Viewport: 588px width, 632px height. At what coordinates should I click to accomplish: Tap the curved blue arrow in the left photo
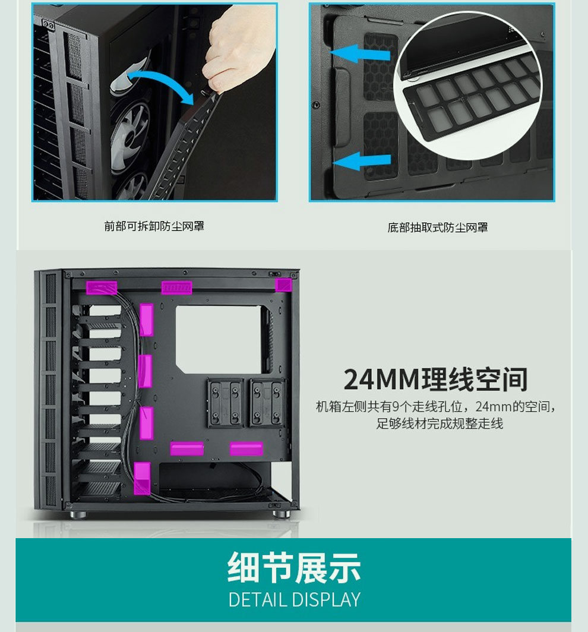click(161, 77)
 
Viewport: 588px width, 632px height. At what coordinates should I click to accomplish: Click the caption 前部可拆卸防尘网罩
click(154, 226)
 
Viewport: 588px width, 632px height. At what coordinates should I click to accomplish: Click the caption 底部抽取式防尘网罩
click(438, 227)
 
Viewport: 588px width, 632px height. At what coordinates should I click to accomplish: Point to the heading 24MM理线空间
click(435, 380)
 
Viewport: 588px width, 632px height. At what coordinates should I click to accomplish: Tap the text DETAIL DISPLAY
click(294, 600)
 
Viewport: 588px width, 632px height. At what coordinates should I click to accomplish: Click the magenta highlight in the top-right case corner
click(283, 285)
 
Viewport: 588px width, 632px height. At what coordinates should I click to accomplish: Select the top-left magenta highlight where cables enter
click(102, 287)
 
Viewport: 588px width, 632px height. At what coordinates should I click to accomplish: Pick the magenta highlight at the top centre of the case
click(176, 287)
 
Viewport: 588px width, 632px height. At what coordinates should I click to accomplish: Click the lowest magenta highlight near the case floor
click(143, 478)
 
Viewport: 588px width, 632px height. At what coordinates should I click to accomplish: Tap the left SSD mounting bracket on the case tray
click(225, 403)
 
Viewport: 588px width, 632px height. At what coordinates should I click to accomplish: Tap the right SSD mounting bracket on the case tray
click(267, 403)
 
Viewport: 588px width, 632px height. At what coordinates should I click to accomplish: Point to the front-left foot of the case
click(78, 515)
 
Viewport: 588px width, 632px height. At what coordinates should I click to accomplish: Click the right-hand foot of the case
click(282, 514)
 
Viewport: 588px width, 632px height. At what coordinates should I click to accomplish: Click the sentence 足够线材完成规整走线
click(440, 424)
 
